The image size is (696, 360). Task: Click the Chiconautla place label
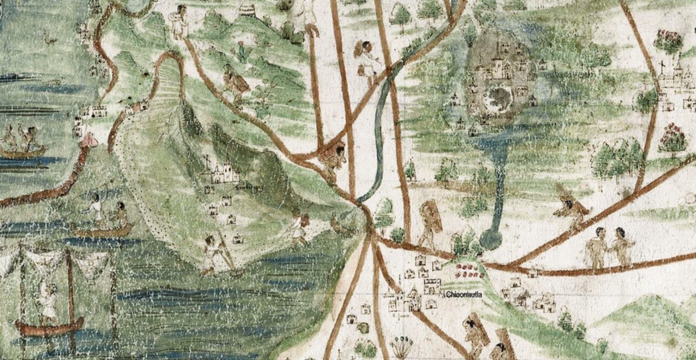point(464,295)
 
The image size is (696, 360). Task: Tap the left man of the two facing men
point(597,248)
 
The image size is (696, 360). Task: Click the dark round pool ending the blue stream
point(490,238)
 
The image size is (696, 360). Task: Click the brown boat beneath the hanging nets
point(49,326)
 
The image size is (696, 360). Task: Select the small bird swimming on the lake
point(50,38)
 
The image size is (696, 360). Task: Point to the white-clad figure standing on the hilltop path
point(178,22)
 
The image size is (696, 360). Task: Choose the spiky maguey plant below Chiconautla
point(400,346)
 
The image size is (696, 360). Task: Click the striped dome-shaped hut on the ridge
point(247,10)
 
